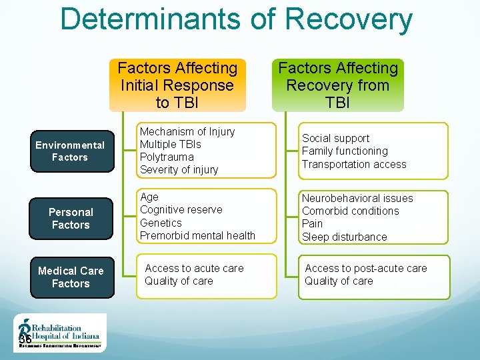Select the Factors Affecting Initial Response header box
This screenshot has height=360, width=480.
pos(177,85)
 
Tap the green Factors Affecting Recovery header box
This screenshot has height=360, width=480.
pos(338,85)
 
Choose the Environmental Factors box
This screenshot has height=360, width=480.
pos(71,151)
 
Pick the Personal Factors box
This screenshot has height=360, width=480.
pos(71,218)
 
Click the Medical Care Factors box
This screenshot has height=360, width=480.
pos(71,277)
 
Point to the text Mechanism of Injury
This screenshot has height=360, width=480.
pos(187,132)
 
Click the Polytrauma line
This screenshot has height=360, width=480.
pos(167,157)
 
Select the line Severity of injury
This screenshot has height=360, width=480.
pos(179,170)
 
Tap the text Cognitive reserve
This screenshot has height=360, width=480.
pos(181,210)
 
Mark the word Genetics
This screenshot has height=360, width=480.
pos(161,223)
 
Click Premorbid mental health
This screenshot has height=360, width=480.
pos(197,235)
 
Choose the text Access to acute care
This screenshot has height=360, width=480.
pos(194,268)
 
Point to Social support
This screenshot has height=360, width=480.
pos(335,139)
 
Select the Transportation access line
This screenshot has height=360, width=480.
pos(354,164)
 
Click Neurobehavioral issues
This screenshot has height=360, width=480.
pos(357,198)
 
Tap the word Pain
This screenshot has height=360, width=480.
pos(312,223)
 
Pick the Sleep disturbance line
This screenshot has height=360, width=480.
pos(344,237)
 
